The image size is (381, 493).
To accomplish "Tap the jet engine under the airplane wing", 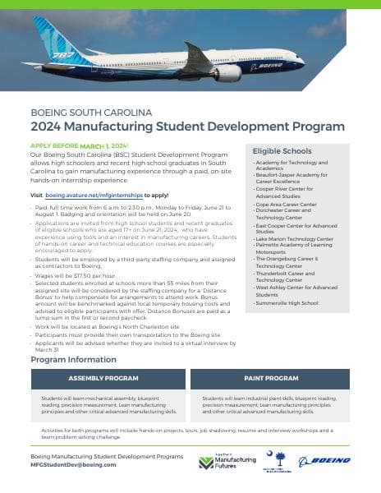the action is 227,71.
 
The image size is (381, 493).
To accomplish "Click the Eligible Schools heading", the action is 283,151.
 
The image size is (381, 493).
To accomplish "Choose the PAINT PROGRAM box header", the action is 270,378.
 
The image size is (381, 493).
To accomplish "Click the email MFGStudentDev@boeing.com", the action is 73,463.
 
